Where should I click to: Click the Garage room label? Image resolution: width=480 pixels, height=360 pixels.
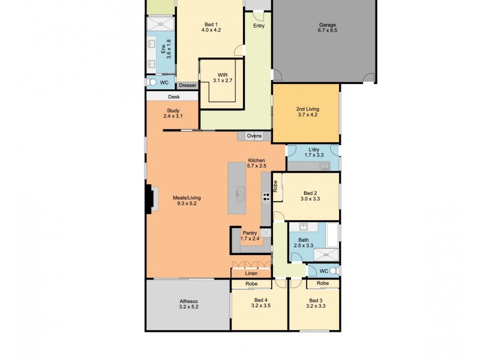[x=328, y=28]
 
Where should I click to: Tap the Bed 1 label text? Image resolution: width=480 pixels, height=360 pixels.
[x=211, y=27]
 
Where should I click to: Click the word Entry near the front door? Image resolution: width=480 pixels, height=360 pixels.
[x=259, y=26]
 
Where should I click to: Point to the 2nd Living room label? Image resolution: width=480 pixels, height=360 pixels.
[x=307, y=112]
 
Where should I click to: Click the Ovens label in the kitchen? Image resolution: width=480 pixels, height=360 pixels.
[x=254, y=136]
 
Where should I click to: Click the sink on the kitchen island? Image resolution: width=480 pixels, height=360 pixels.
[x=240, y=193]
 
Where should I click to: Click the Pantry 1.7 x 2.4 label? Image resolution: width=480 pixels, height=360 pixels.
[x=249, y=236]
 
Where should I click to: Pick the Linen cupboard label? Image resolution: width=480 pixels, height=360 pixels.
[x=251, y=274]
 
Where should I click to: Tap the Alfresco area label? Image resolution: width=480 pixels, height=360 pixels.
[x=188, y=304]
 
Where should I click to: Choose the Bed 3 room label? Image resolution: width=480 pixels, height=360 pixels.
[x=316, y=304]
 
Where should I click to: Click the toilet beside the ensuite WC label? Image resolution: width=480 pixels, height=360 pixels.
[x=152, y=82]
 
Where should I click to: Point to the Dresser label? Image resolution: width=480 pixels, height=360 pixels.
[x=187, y=85]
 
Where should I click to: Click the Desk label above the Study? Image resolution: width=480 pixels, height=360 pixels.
[x=173, y=97]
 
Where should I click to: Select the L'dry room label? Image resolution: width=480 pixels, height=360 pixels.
[x=314, y=152]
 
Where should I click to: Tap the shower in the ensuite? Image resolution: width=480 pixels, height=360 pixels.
[x=160, y=23]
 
